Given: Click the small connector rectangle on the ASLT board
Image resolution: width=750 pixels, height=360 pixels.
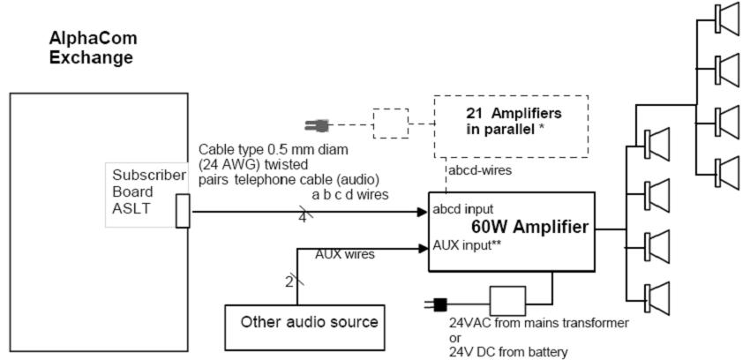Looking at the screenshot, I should [183, 212].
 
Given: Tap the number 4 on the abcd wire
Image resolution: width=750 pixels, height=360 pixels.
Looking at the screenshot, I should [302, 215].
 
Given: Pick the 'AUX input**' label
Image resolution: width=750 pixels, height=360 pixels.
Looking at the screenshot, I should [469, 244].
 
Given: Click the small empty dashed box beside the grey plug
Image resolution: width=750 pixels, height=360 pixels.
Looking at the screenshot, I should [390, 124].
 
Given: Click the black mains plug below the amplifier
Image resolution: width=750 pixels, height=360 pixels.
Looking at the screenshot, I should [438, 305].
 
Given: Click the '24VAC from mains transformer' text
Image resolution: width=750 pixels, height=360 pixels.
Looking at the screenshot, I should [539, 324].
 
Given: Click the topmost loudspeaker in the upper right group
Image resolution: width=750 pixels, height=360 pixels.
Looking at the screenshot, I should [729, 18].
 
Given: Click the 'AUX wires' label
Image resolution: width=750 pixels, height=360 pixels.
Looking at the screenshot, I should [345, 253].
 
